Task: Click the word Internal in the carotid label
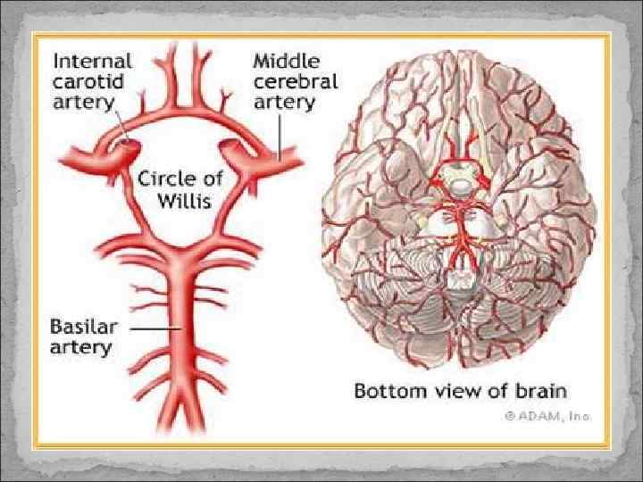click(93, 62)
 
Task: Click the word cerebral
click(296, 82)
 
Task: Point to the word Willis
click(184, 200)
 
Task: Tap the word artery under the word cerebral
click(284, 103)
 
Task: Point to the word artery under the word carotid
click(83, 102)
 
